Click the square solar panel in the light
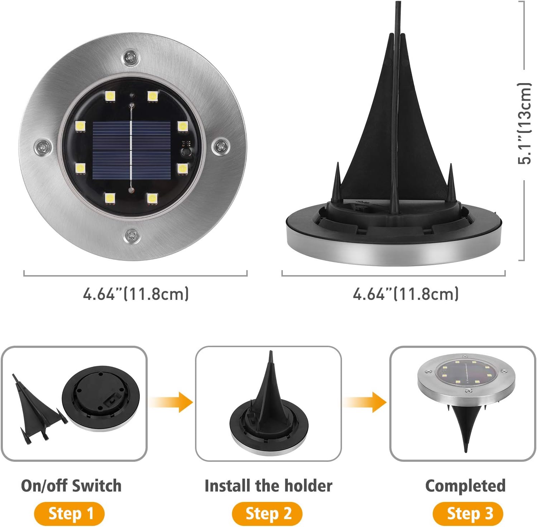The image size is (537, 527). [x=132, y=151]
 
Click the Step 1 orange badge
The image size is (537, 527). [x=70, y=513]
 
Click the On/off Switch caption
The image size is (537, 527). [x=71, y=485]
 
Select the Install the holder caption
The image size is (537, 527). [x=268, y=485]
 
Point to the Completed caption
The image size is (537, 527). [x=465, y=485]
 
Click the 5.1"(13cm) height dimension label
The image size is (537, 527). [x=524, y=124]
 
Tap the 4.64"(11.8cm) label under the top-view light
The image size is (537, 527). [x=136, y=294]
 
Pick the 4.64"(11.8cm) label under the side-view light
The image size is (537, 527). [x=405, y=294]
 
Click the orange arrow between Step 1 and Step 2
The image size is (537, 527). [x=172, y=402]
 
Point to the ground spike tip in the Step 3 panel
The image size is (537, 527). [x=466, y=448]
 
